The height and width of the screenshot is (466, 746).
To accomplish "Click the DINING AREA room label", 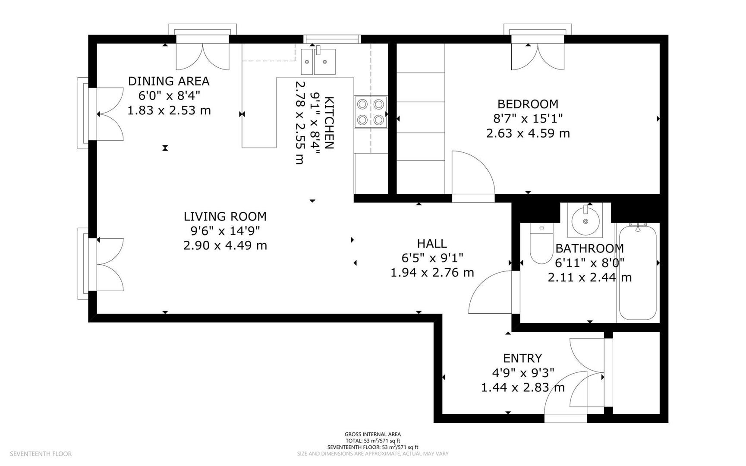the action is pyautogui.click(x=169, y=81).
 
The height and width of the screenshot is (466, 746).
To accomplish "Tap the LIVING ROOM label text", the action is pyautogui.click(x=225, y=217).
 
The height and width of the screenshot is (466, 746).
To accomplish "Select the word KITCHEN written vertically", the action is pyautogui.click(x=329, y=123).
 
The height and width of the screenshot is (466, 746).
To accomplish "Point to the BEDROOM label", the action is pyautogui.click(x=528, y=104).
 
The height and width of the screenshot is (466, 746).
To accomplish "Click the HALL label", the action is pyautogui.click(x=432, y=244).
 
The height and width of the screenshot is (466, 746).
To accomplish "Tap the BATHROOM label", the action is pyautogui.click(x=589, y=249).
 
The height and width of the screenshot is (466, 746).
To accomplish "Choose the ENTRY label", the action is pyautogui.click(x=523, y=358).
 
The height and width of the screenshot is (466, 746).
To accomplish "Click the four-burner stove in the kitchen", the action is pyautogui.click(x=371, y=112).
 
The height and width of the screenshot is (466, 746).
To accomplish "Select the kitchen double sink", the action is pyautogui.click(x=318, y=61).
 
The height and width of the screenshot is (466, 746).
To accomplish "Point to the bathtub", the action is pyautogui.click(x=638, y=272).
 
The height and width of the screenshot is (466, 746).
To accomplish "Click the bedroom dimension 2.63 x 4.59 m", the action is pyautogui.click(x=528, y=133).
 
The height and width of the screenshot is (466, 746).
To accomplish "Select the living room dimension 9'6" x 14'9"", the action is pyautogui.click(x=222, y=231).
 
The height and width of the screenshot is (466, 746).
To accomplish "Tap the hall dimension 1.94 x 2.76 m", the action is pyautogui.click(x=432, y=273).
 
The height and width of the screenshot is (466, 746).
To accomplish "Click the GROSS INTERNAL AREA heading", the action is pyautogui.click(x=373, y=435).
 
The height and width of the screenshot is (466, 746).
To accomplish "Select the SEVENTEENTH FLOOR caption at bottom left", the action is pyautogui.click(x=41, y=454).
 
